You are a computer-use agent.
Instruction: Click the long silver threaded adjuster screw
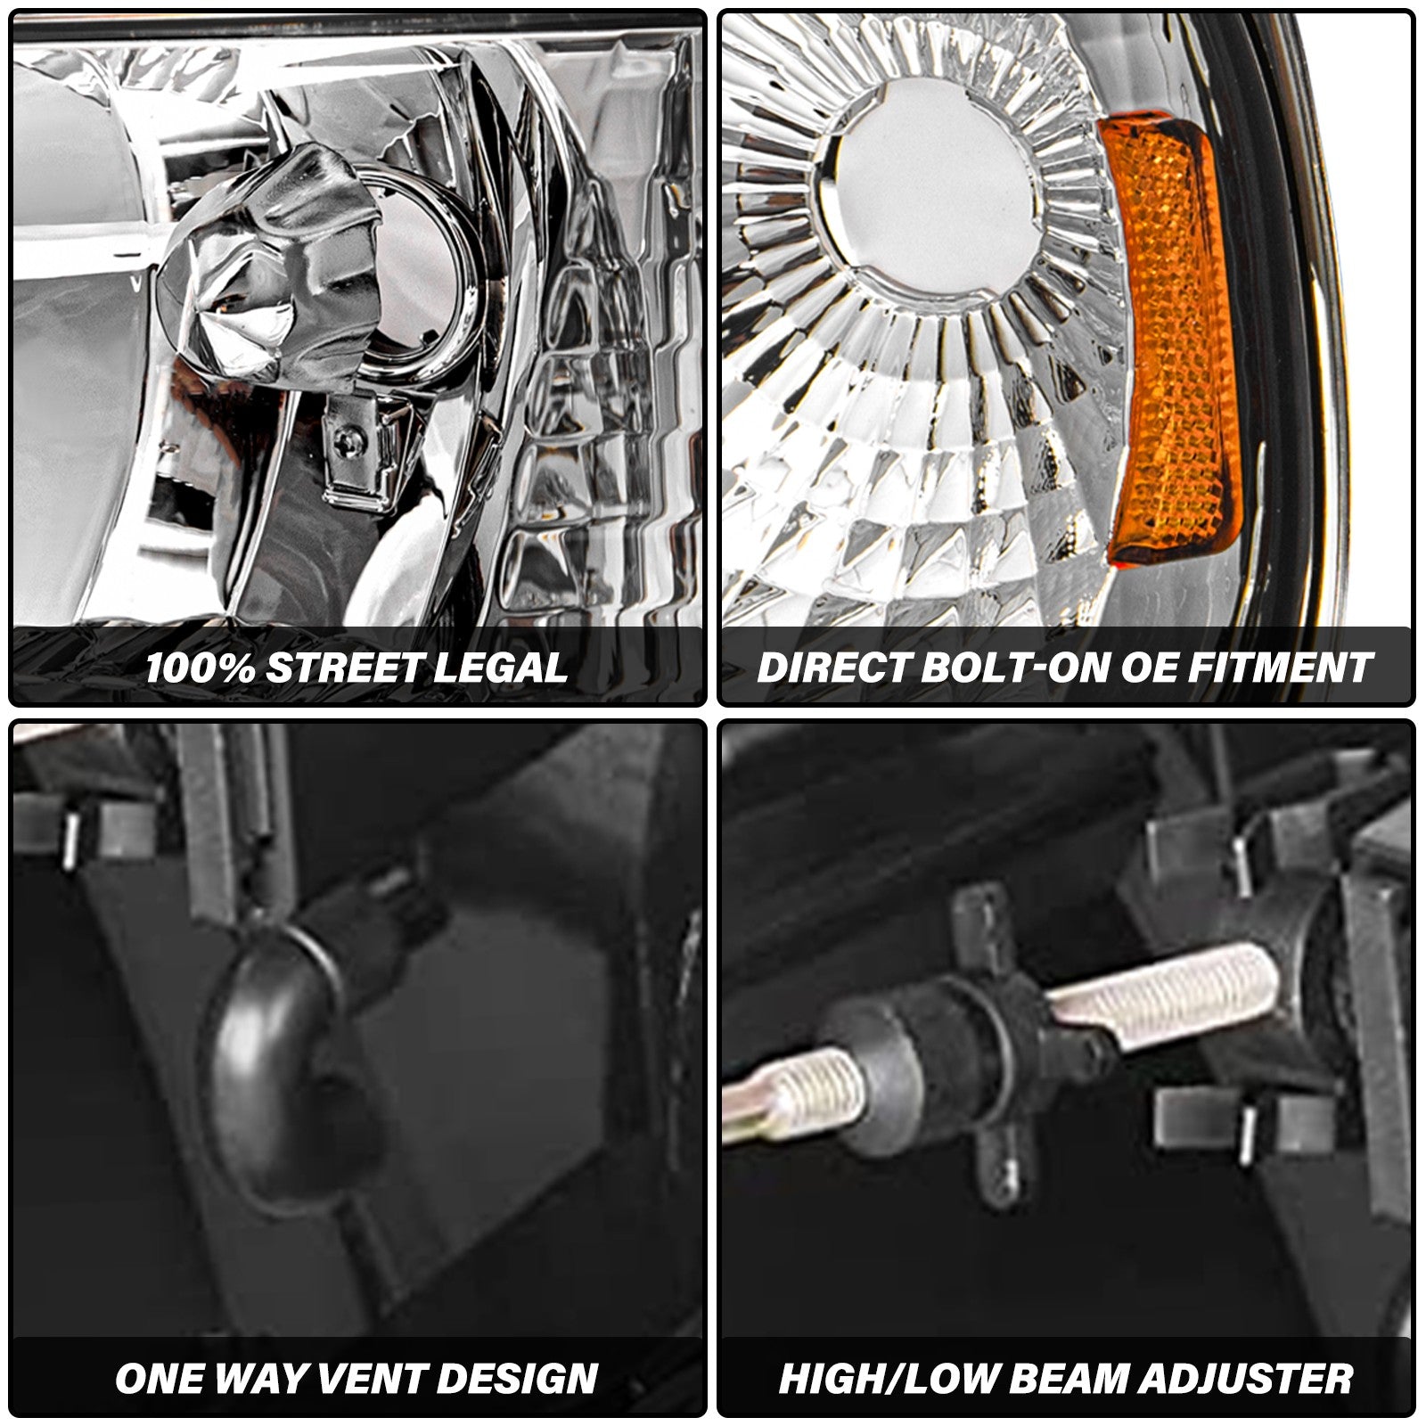pos(1168,998)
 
